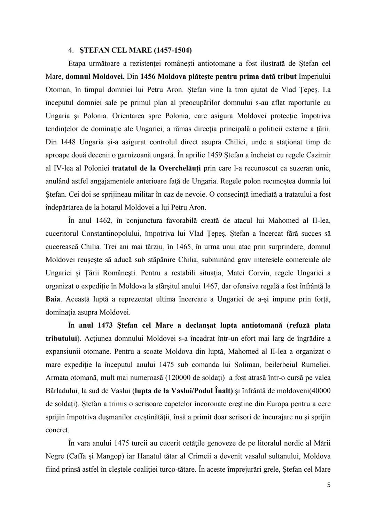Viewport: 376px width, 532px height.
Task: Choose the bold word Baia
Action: (53, 299)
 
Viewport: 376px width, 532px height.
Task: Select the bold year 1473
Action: (105, 325)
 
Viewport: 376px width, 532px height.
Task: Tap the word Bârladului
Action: (63, 391)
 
